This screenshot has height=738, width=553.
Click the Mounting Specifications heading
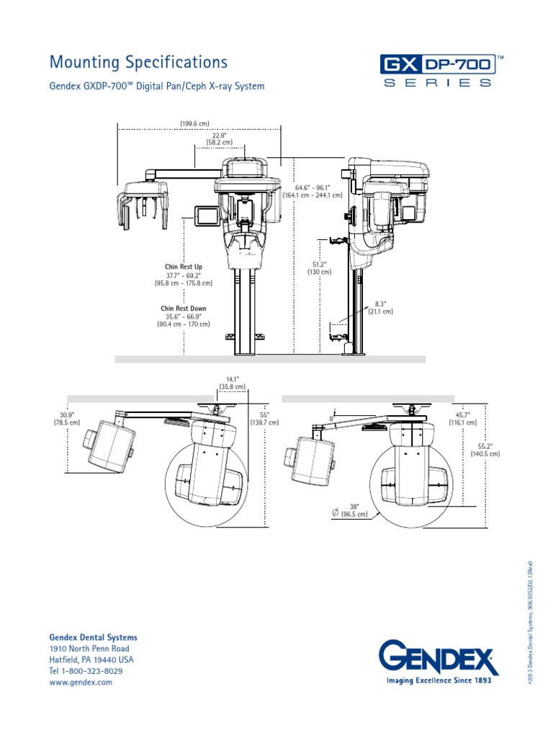pyautogui.click(x=138, y=63)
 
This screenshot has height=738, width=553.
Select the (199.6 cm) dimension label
pyautogui.click(x=194, y=124)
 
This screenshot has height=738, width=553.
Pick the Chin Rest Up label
pyautogui.click(x=184, y=267)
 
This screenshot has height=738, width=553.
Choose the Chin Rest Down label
pyautogui.click(x=184, y=308)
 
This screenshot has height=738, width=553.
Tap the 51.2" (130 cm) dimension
pyautogui.click(x=320, y=267)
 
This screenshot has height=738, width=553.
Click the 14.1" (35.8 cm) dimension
pyautogui.click(x=233, y=383)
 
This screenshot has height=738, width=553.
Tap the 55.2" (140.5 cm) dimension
pyautogui.click(x=485, y=450)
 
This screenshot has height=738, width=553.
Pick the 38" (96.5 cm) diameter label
pyautogui.click(x=353, y=510)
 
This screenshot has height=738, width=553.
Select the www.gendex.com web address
pyautogui.click(x=81, y=682)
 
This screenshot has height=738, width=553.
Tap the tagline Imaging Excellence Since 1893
pyautogui.click(x=439, y=680)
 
